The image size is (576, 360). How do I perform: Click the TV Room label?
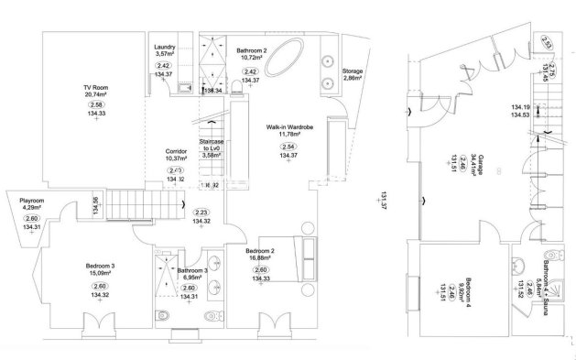click(x=94, y=87)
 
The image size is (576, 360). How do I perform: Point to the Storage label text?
click(x=353, y=71)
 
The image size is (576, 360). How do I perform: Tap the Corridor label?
click(x=176, y=151)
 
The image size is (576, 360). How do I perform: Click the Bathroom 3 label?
click(x=192, y=271)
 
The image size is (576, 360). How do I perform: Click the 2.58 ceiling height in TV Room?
click(x=94, y=105)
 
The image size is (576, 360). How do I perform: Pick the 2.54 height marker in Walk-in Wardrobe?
click(x=288, y=146)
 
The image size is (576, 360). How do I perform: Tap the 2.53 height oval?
click(x=546, y=42)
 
